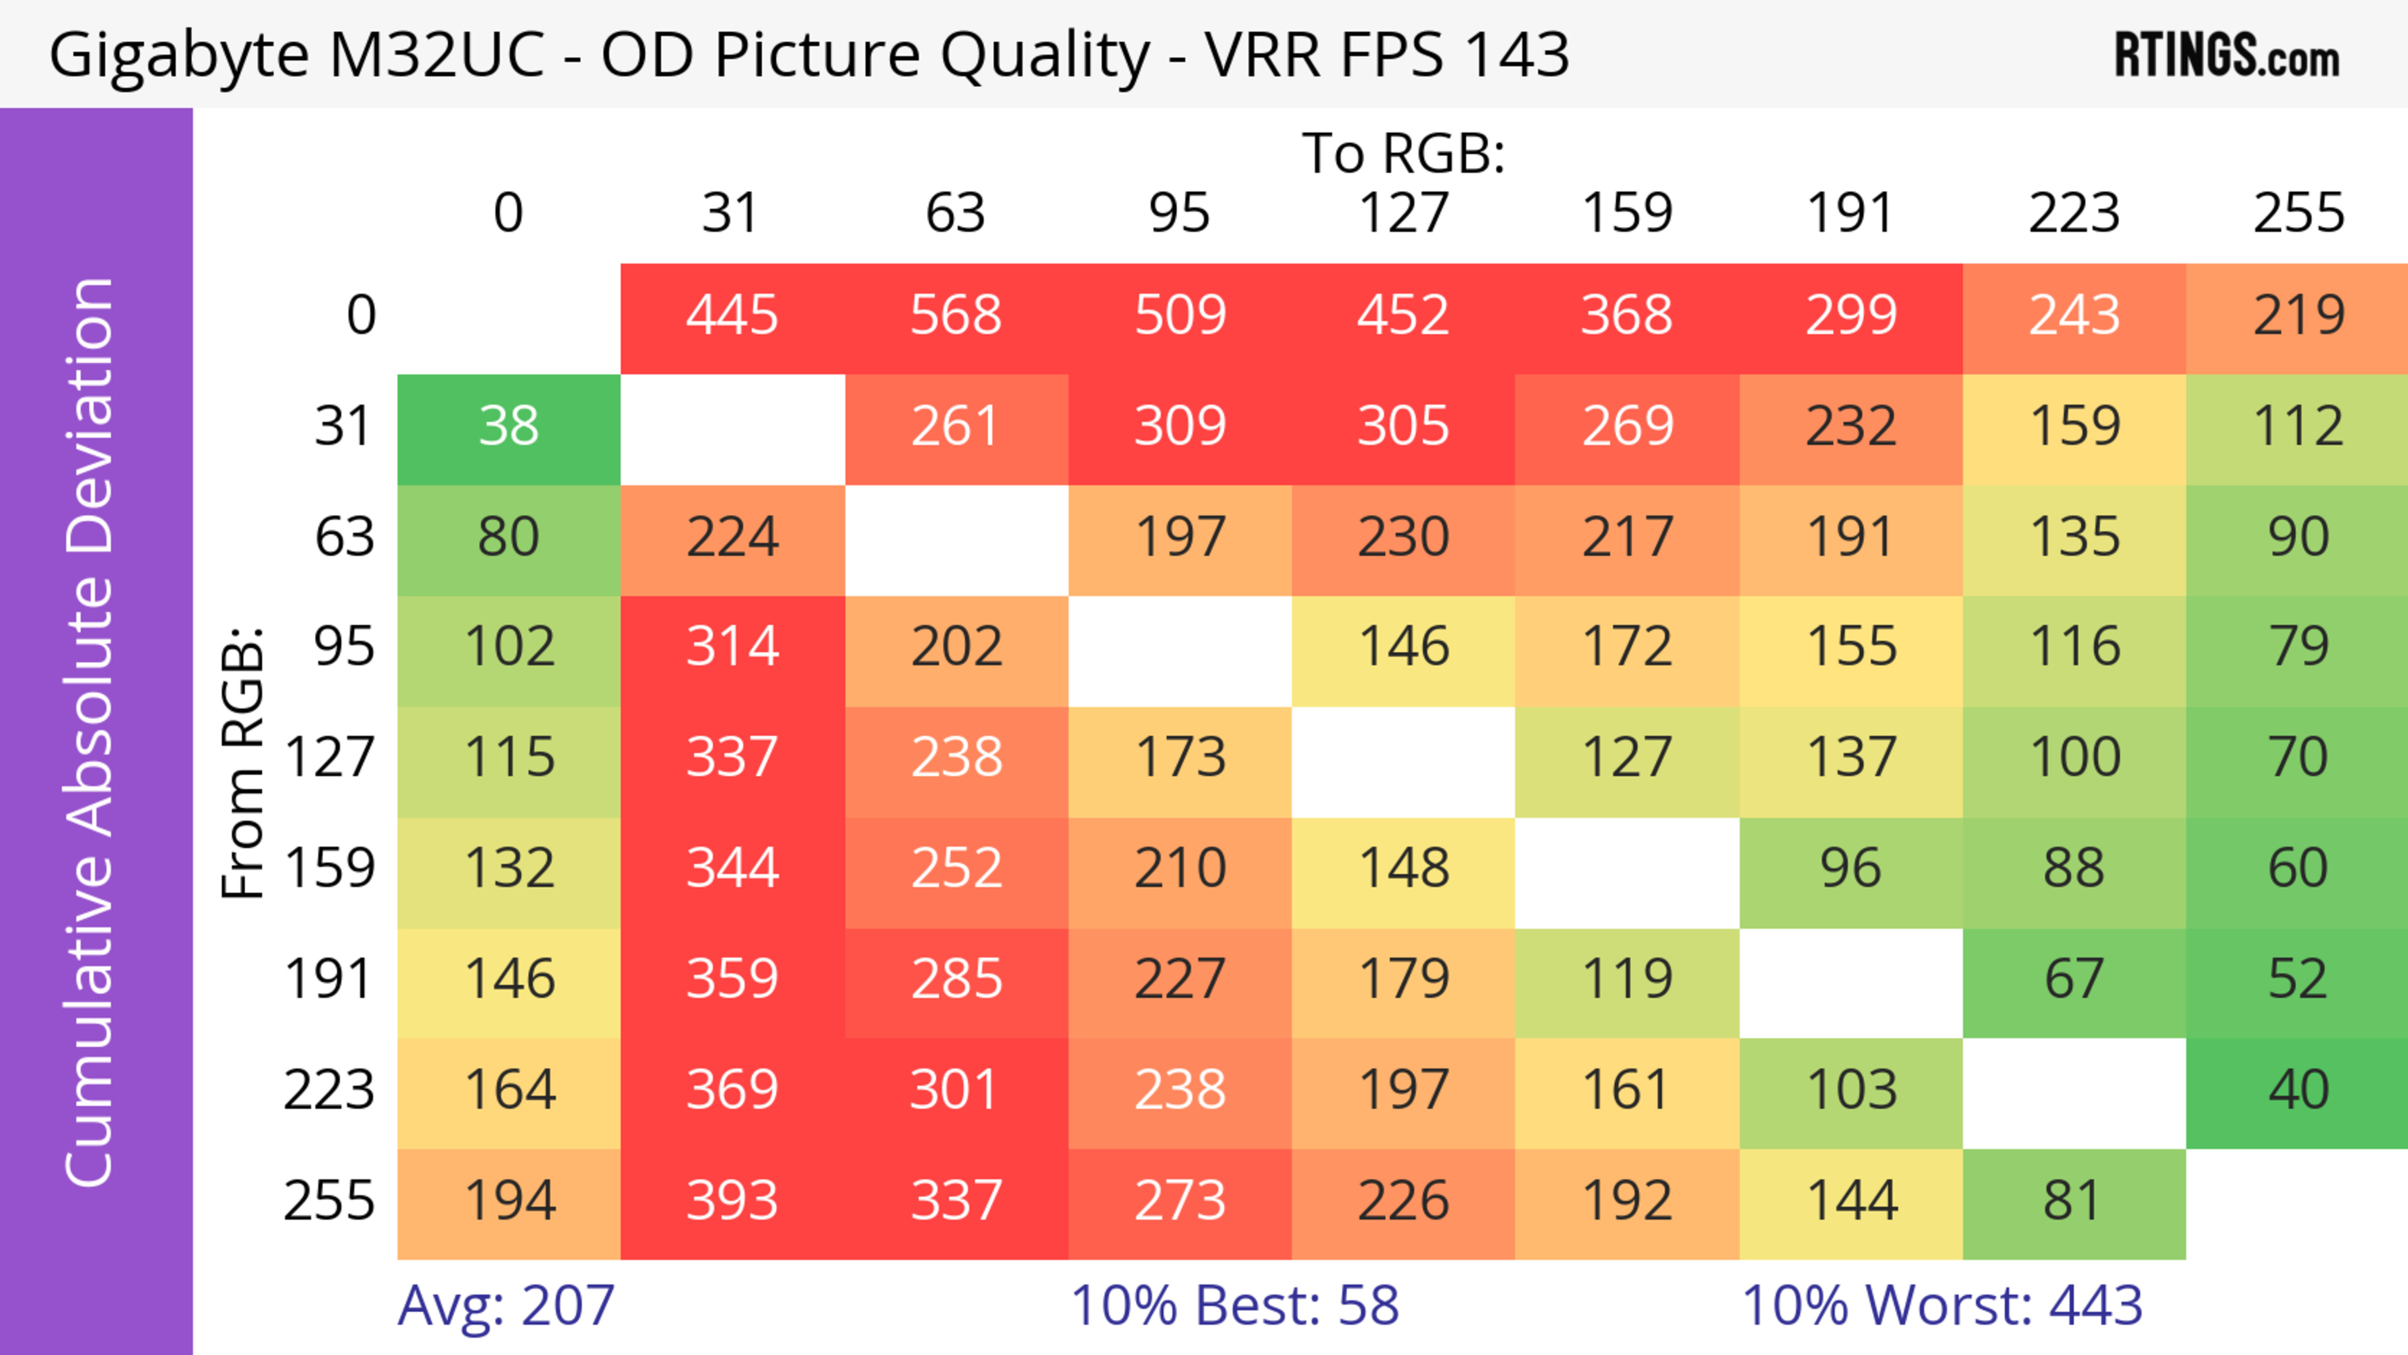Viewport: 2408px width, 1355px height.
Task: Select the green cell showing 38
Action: pyautogui.click(x=509, y=427)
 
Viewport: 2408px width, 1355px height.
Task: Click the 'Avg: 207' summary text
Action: pyautogui.click(x=505, y=1305)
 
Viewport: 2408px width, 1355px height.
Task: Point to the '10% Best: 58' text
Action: pyautogui.click(x=1234, y=1305)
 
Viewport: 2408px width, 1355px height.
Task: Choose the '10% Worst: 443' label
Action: pyautogui.click(x=1941, y=1305)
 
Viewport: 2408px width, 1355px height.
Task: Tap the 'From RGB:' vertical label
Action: pyautogui.click(x=243, y=762)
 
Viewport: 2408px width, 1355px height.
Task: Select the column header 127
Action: pyautogui.click(x=1403, y=213)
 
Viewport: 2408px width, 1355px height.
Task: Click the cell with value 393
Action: pyautogui.click(x=732, y=1201)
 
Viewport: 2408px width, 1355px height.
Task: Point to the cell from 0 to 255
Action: pyautogui.click(x=2298, y=315)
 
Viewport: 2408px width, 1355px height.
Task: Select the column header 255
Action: pyautogui.click(x=2298, y=213)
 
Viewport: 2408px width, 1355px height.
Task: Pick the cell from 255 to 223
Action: pyautogui.click(x=2073, y=1201)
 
